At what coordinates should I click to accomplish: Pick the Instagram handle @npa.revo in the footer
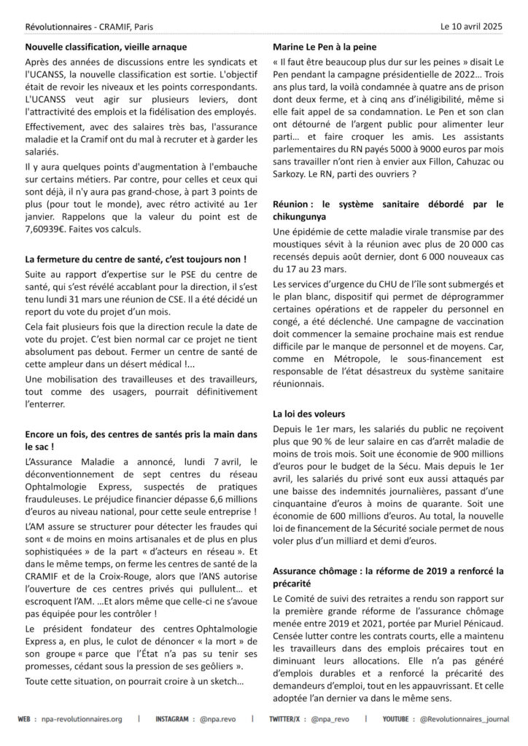click(x=219, y=719)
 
